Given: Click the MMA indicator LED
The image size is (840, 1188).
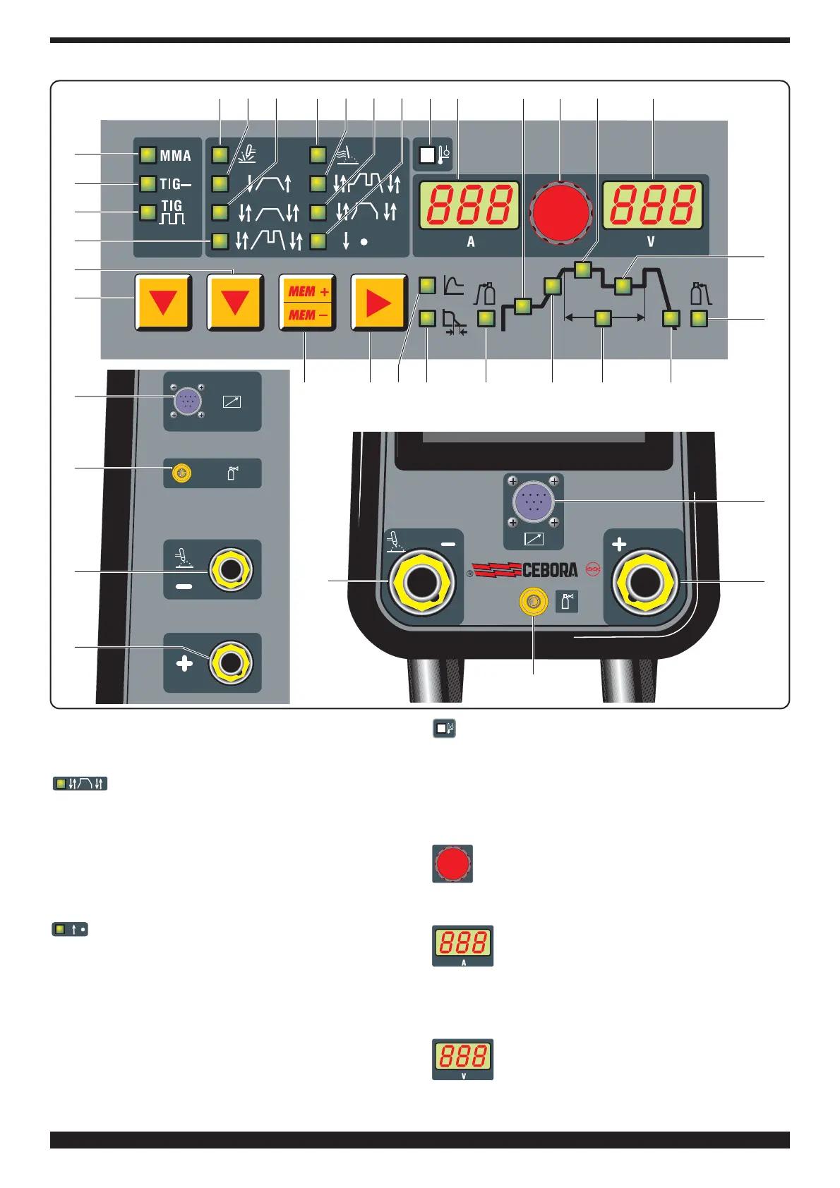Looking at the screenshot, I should [148, 155].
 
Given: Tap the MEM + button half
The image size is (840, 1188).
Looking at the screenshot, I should [307, 291].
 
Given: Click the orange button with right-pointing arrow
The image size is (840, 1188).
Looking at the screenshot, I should [379, 303].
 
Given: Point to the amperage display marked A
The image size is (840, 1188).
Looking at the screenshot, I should [469, 205].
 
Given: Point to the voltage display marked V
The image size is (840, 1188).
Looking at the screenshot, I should [652, 205].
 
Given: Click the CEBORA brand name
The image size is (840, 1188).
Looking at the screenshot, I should [550, 570].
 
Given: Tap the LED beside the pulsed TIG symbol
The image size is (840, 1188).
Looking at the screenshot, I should [148, 212].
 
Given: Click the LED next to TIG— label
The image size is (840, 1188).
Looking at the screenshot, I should [148, 184].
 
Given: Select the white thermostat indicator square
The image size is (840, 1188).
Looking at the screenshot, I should [427, 155].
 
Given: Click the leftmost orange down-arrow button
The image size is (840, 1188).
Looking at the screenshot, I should [163, 303].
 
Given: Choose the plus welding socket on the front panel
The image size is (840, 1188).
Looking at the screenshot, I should [644, 582].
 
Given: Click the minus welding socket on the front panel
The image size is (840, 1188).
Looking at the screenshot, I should [422, 582].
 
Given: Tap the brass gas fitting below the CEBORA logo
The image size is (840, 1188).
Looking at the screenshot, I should [533, 602].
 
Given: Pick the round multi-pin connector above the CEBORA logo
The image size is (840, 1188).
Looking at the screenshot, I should [533, 501].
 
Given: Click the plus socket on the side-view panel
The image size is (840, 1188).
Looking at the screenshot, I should [230, 663].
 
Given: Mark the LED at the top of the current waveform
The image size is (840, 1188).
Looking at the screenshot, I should [582, 269].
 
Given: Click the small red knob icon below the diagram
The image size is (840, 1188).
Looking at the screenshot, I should [452, 863].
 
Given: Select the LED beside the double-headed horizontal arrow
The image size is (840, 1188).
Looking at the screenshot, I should [603, 319].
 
